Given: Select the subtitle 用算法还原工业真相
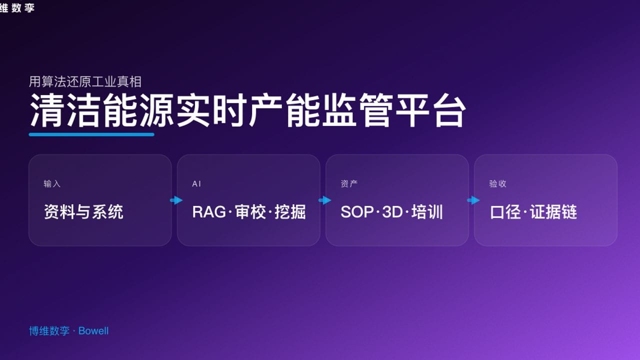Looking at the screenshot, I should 85,81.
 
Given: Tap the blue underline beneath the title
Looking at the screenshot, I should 91,134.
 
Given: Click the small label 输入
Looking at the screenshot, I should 52,184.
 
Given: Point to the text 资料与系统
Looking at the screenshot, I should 83,212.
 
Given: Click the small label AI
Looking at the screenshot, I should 196,184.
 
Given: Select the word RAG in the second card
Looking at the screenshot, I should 208,212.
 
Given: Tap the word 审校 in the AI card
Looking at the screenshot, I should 250,212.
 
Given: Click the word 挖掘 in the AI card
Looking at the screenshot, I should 290,212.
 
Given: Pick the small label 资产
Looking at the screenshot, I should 349,184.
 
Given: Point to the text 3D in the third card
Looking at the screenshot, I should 392,212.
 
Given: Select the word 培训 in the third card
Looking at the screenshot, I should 427,212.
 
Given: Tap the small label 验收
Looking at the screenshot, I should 497,184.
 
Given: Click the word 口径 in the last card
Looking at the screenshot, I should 505,212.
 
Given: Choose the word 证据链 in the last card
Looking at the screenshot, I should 553,212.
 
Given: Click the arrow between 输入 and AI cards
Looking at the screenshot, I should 176,200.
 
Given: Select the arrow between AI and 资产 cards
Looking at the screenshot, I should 324,200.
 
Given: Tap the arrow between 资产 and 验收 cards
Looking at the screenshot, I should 473,200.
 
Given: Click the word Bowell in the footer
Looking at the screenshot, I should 93,331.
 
